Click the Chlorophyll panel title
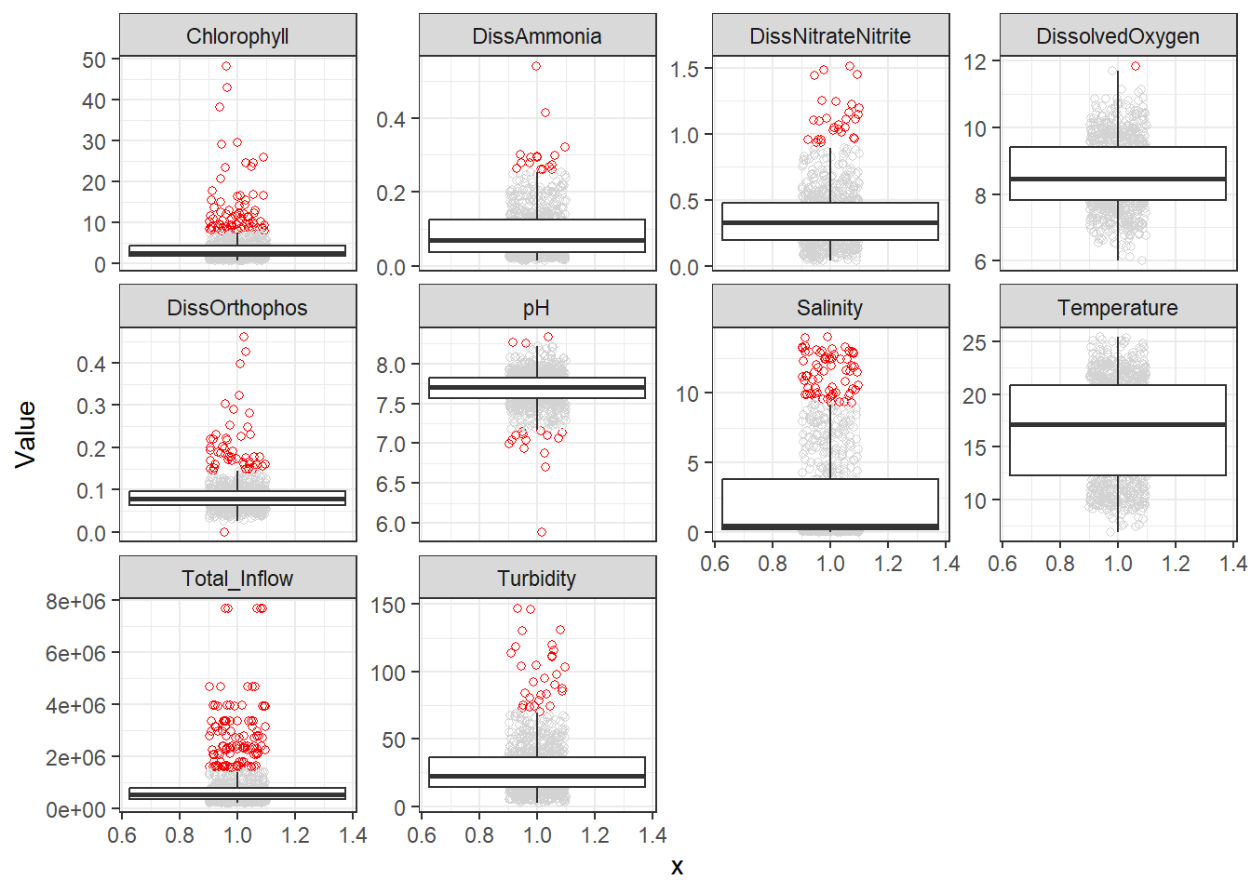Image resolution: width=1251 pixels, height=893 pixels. click(237, 36)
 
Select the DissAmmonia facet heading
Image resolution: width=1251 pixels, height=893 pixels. click(537, 36)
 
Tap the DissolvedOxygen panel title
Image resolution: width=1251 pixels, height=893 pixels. click(1118, 36)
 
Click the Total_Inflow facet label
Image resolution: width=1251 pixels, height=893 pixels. click(237, 579)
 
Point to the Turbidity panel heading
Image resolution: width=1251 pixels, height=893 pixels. click(537, 579)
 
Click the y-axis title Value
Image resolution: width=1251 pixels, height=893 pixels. click(26, 433)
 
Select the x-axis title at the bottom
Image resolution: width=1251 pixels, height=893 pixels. click(677, 867)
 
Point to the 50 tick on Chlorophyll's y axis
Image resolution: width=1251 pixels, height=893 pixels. click(94, 60)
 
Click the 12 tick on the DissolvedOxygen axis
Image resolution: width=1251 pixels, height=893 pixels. click(975, 62)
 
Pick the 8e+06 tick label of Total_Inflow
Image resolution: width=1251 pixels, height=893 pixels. click(75, 602)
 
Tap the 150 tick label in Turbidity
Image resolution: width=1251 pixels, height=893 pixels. click(388, 606)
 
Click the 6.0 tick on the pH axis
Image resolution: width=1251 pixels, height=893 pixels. click(391, 525)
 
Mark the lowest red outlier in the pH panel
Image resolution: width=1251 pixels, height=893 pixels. click(542, 532)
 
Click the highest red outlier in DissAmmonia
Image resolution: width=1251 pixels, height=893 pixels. click(536, 66)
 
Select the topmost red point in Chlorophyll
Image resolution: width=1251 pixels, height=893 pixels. click(226, 66)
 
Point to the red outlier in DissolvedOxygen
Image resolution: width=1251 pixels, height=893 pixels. click(1136, 66)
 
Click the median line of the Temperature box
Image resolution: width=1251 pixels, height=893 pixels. click(1118, 424)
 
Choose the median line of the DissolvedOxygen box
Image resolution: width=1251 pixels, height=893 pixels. click(1118, 179)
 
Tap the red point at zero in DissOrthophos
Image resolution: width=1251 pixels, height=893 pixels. click(224, 532)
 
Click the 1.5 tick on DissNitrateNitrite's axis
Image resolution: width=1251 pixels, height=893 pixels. click(684, 70)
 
